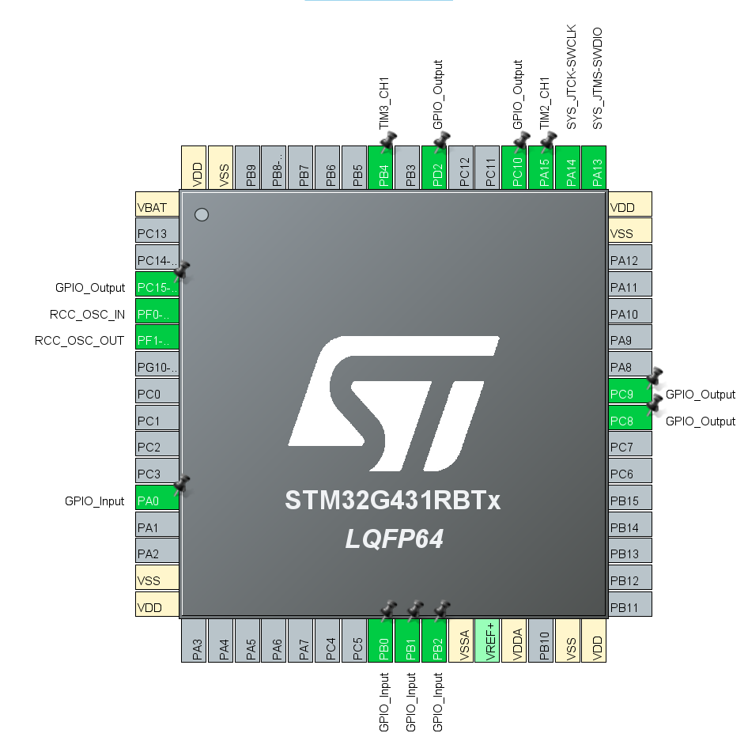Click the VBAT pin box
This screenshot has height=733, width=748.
(x=157, y=207)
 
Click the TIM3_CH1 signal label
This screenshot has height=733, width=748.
(x=384, y=104)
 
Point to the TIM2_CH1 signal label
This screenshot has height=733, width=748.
(x=544, y=104)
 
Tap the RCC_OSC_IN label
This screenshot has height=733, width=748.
(x=87, y=314)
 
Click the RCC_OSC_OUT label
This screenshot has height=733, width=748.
(x=80, y=341)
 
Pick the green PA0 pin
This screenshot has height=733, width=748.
(x=157, y=500)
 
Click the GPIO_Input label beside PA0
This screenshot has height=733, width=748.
(x=95, y=501)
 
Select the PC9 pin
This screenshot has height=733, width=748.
(x=629, y=394)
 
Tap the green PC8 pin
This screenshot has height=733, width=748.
(x=629, y=421)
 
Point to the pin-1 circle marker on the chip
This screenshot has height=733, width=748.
(x=202, y=214)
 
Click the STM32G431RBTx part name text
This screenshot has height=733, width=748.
(x=393, y=501)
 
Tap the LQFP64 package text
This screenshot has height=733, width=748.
(x=394, y=540)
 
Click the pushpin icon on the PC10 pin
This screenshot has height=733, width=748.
(x=521, y=142)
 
